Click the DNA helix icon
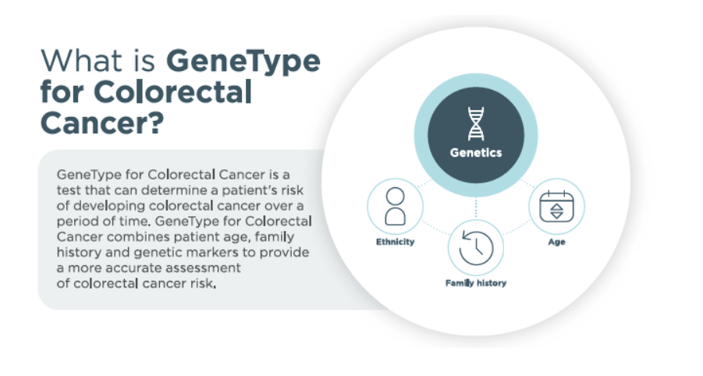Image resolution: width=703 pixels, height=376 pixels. click(x=476, y=124)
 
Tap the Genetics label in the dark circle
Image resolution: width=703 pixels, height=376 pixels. click(x=476, y=153)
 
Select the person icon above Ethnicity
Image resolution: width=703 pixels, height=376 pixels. click(x=395, y=206)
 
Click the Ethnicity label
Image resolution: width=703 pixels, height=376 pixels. click(x=395, y=242)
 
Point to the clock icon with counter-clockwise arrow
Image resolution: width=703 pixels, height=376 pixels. click(x=476, y=248)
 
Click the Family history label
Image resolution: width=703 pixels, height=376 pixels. click(x=476, y=283)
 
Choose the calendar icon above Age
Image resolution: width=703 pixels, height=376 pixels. click(x=556, y=206)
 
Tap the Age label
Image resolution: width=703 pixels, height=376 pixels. click(x=556, y=242)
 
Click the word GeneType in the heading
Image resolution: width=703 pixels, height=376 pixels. click(x=243, y=62)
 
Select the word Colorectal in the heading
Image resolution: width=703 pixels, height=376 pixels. click(x=172, y=92)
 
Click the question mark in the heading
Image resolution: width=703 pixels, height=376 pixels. click(x=155, y=122)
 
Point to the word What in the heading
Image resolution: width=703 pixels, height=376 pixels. click(x=81, y=61)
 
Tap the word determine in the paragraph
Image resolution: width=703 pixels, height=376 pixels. click(x=175, y=190)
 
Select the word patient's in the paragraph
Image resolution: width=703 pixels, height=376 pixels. click(x=250, y=190)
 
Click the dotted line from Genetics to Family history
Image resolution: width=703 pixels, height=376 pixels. click(x=476, y=208)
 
